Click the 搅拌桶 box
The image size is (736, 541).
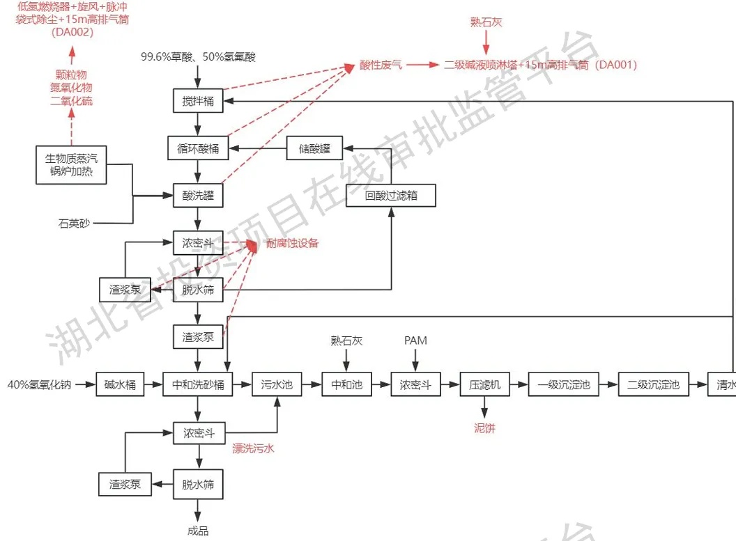click(198, 101)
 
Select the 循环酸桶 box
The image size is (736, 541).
click(198, 148)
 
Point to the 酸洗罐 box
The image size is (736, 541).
click(198, 196)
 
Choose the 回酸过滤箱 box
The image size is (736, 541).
click(391, 196)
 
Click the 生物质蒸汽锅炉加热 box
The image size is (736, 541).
click(71, 165)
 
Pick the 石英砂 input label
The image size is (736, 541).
click(75, 224)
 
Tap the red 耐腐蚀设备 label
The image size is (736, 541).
click(293, 243)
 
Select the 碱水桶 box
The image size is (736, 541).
click(121, 384)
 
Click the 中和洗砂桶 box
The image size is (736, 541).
click(198, 384)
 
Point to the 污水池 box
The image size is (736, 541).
click(277, 384)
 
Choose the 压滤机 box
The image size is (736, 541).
click(485, 384)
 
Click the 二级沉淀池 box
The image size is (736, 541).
click(653, 384)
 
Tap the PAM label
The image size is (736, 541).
click(415, 340)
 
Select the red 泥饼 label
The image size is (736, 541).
click(484, 429)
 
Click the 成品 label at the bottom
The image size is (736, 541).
click(198, 531)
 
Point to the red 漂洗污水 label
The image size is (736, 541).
click(253, 448)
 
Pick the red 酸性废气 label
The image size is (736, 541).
click(381, 65)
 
